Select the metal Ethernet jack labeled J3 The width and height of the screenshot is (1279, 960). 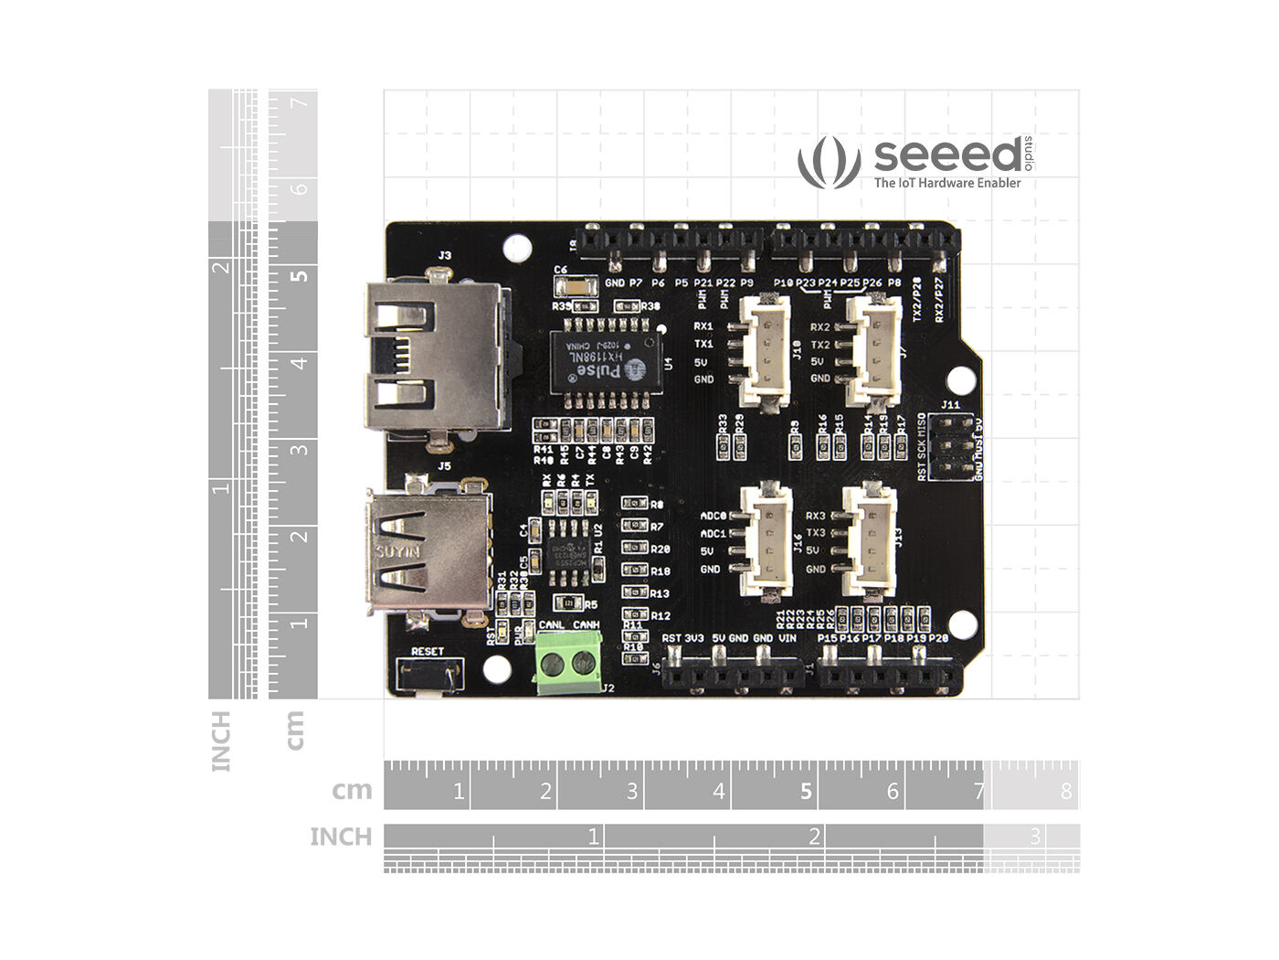click(436, 357)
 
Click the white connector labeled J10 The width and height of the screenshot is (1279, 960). click(764, 350)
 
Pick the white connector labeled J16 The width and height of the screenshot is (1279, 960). click(766, 539)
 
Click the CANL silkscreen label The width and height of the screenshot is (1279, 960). click(552, 625)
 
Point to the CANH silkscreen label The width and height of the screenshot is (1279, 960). click(586, 625)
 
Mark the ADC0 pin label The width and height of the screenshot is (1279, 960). click(713, 517)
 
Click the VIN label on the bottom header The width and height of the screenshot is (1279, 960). click(787, 638)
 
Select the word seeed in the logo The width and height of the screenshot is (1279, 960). click(947, 155)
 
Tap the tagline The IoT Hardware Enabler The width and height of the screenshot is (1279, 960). click(947, 183)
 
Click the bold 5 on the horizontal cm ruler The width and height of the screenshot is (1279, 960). click(806, 791)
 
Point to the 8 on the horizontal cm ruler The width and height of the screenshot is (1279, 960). click(1066, 791)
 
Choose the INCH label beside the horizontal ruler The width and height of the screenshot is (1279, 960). click(341, 837)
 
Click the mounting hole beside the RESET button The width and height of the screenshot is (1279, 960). click(497, 668)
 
